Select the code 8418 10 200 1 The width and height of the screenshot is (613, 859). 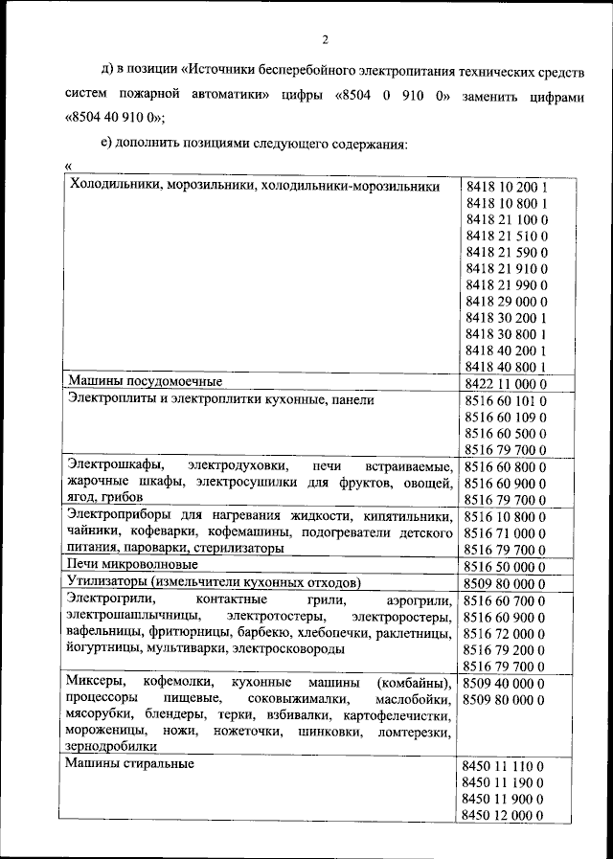coord(506,187)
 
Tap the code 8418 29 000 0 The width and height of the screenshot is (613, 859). coord(506,299)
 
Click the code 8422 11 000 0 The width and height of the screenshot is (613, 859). coord(506,382)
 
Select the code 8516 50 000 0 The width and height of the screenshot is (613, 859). coord(506,566)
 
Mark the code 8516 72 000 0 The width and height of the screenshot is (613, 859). coord(506,633)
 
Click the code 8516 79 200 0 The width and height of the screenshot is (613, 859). coord(506,649)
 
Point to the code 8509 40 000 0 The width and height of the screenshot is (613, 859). coord(504,683)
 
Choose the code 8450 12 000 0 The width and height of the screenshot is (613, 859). coord(504,815)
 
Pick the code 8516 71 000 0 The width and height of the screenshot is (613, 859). coord(506,532)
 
